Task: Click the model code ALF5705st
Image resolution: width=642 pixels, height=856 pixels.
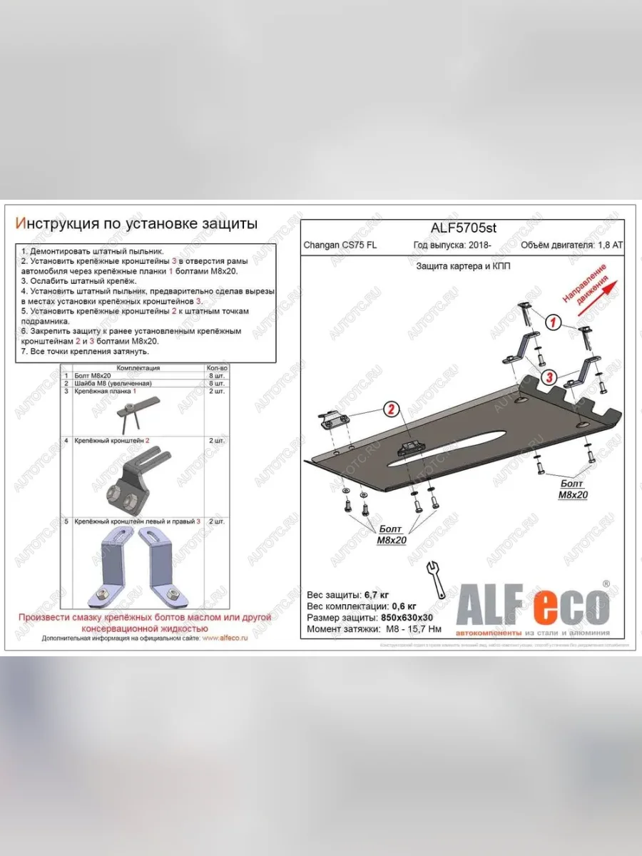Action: tap(463, 228)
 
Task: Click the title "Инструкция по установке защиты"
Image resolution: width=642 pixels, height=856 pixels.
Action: tap(136, 224)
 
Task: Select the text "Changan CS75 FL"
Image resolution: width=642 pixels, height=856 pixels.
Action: tap(341, 245)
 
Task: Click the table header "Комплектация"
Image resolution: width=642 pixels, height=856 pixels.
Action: tap(138, 368)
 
